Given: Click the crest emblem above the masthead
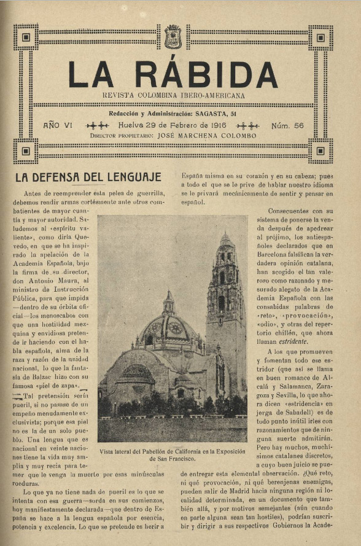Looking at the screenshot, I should (173, 36).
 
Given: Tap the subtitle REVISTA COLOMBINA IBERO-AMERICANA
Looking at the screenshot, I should (173, 96).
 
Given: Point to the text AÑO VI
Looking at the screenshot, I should (58, 125).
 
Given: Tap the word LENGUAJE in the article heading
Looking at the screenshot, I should (127, 178).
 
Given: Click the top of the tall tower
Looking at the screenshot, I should (225, 236).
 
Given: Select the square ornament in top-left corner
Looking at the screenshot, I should (26, 37).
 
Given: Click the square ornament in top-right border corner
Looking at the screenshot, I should (320, 37).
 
